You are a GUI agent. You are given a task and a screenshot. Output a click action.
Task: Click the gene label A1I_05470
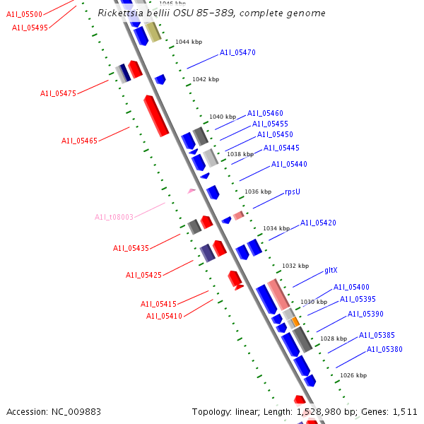pos(237,52)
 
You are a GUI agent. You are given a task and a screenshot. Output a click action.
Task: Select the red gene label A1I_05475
pos(58,93)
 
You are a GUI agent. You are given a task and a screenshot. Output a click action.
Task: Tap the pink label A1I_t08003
pos(114,217)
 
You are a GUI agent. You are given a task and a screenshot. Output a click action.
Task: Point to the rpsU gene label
pos(293,192)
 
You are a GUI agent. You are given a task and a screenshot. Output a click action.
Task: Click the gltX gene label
pos(331,270)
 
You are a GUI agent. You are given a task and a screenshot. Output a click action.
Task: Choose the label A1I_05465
pos(79,141)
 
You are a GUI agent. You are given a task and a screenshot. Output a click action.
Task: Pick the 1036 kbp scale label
pos(258,192)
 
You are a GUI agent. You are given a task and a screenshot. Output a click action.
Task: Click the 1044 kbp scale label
pos(189,42)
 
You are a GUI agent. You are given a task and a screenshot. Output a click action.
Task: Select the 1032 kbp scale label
pos(295,266)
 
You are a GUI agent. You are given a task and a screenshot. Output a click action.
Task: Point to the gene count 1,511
pos(405,411)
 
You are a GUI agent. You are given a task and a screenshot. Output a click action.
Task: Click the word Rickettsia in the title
pos(120,13)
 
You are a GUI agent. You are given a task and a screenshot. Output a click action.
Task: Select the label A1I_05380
pos(384,349)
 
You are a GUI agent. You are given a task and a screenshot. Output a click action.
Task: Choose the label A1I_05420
pos(318,223)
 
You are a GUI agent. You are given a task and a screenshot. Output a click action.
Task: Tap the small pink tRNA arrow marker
pos(191,191)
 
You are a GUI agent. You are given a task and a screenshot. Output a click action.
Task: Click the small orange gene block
pos(295,322)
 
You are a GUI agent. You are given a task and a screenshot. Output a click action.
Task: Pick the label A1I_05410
pos(164,316)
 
